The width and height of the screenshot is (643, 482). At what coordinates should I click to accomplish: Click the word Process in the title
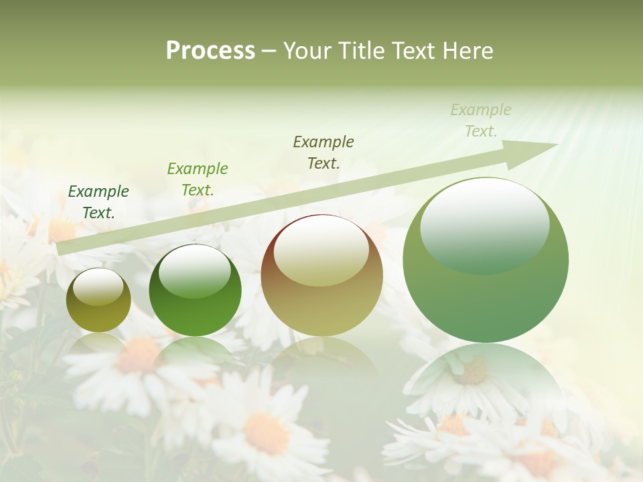(x=210, y=50)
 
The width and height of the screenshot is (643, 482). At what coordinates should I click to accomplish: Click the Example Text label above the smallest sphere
(x=98, y=202)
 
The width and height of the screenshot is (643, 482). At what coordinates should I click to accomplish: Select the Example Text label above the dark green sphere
(x=198, y=179)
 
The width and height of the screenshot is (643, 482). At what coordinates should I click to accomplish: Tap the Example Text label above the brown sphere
(x=324, y=152)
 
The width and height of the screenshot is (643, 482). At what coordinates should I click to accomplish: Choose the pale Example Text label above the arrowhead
(x=481, y=120)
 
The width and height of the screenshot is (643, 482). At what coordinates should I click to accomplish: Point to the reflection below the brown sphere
(x=321, y=358)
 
